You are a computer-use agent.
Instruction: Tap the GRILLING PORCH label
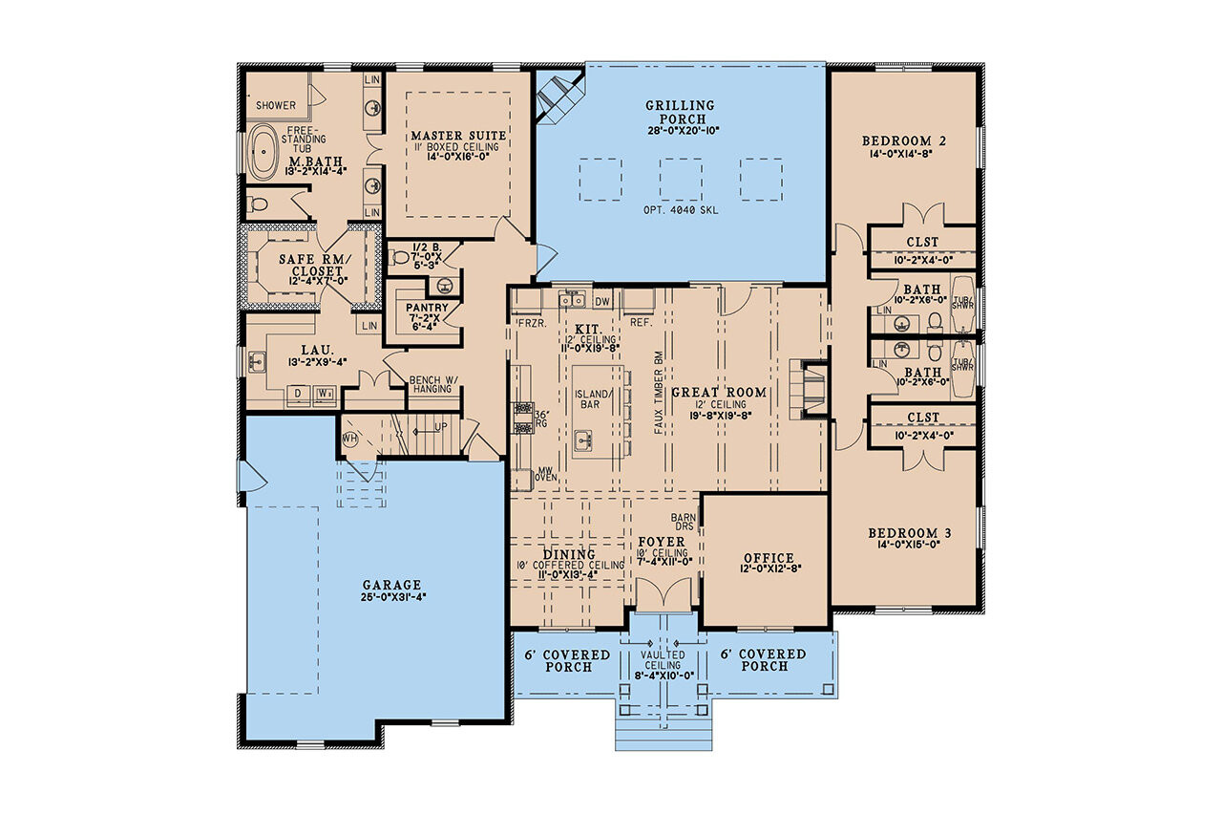pos(680,112)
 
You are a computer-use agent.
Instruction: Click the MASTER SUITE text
pos(458,136)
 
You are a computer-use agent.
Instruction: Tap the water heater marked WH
pos(348,440)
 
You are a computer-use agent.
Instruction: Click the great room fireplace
pos(811,389)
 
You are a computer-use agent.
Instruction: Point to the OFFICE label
pos(769,558)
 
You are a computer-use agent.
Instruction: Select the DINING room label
pos(570,554)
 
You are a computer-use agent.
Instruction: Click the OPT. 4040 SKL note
pos(680,208)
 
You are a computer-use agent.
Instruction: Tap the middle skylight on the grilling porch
pos(680,179)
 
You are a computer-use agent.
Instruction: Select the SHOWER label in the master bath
pos(275,105)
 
